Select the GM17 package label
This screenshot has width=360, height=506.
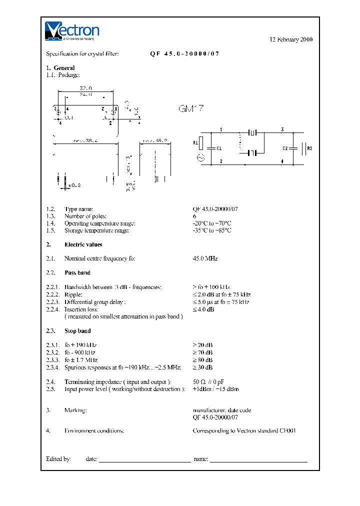click(191, 108)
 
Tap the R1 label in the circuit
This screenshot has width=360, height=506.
click(195, 142)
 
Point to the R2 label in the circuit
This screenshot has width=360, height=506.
click(309, 148)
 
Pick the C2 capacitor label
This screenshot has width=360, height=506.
click(285, 148)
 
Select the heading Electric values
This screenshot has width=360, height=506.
click(83, 244)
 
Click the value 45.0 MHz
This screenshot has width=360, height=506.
click(205, 258)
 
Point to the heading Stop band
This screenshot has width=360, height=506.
click(77, 331)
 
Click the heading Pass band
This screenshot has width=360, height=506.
click(77, 273)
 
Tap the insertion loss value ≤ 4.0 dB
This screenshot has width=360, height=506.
click(203, 309)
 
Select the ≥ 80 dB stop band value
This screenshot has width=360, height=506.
click(202, 360)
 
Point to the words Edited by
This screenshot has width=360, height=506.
click(58, 458)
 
